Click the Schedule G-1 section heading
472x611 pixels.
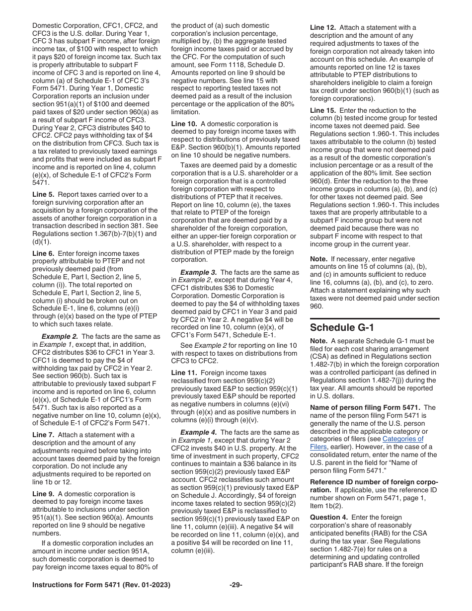click(x=342, y=327)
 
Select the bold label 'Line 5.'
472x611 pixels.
click(x=45, y=194)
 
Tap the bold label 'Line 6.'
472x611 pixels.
click(x=45, y=253)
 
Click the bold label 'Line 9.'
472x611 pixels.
click(x=45, y=494)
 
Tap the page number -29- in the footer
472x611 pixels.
click(x=236, y=585)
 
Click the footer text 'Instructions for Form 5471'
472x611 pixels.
click(x=76, y=585)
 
